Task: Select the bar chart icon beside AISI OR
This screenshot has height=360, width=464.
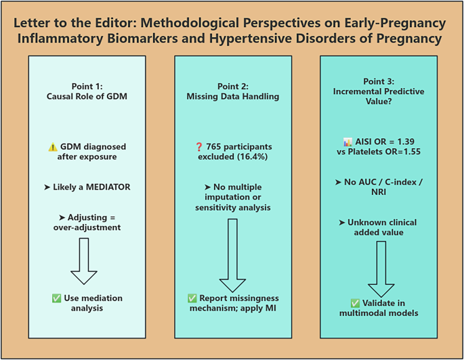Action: [x=348, y=142]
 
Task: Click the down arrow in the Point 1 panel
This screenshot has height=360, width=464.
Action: [x=85, y=261]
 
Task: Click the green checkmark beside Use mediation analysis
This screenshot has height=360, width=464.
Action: [x=56, y=298]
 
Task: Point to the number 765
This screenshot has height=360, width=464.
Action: [x=218, y=147]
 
